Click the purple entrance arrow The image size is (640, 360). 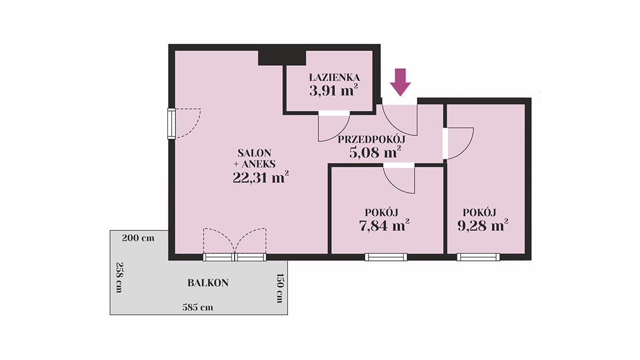coord(401,82)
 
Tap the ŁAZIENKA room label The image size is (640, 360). coord(334,77)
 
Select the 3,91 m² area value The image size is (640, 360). coord(334,90)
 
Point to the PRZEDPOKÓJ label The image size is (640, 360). coord(372,139)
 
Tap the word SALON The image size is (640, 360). coord(254,153)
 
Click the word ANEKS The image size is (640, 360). coord(259,164)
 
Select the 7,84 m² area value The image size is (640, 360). coord(384,226)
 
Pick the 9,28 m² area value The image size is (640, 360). coord(483,226)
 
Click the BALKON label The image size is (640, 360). coord(208,283)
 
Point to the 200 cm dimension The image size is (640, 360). coord(138,238)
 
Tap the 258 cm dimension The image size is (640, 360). coord(119,277)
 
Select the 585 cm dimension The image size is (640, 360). coord(198,307)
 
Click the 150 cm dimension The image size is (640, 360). coord(279,288)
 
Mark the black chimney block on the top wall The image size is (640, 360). coord(282,58)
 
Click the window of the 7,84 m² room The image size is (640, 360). coord(386,257)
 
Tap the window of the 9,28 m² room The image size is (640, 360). coord(478,257)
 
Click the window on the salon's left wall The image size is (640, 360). coord(171,124)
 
